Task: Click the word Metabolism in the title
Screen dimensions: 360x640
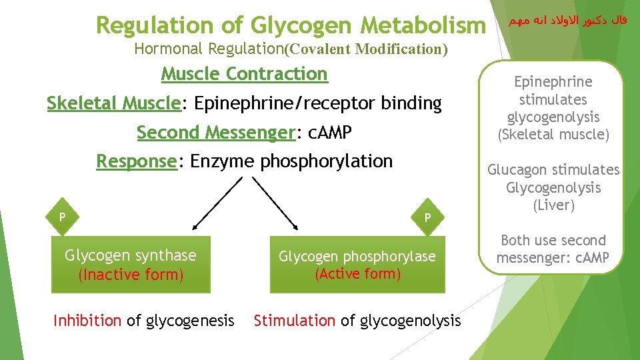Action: [x=424, y=25]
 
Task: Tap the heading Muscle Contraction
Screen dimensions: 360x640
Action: [x=245, y=73]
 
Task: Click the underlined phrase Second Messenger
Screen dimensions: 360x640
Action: [x=216, y=133]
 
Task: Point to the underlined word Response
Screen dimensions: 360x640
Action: [x=136, y=161]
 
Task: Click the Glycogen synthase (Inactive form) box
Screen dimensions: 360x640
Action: [x=131, y=265]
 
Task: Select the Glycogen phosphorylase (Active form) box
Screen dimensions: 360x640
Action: [x=357, y=265]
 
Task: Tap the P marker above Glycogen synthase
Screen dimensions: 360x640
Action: [x=62, y=217]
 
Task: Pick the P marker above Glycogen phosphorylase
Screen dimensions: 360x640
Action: [x=428, y=217]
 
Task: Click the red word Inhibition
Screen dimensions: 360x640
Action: [x=87, y=321]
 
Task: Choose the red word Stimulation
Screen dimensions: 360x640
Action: [x=295, y=321]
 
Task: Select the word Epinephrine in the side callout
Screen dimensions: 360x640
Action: [x=553, y=82]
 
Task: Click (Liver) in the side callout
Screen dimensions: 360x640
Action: [x=553, y=205]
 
